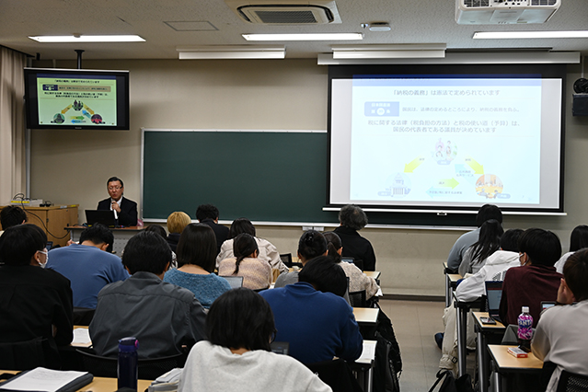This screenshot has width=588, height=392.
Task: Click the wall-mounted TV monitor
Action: point(76,98)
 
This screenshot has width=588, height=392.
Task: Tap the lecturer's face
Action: point(115,189)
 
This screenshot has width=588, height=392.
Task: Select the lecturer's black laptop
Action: point(96,217)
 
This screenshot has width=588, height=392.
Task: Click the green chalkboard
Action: point(235,175)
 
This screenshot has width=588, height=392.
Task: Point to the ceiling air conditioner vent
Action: point(288,12)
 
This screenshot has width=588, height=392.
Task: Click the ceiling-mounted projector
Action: point(507,11)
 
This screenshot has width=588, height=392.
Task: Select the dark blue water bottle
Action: point(127,363)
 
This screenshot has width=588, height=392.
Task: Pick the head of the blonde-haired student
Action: point(178,223)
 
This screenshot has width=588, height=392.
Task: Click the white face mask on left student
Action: point(42,259)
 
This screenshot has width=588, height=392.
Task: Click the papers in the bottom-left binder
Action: point(42,378)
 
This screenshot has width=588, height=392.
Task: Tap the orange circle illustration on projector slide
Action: point(489,186)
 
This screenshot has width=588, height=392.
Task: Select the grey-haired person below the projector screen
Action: point(352,235)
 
